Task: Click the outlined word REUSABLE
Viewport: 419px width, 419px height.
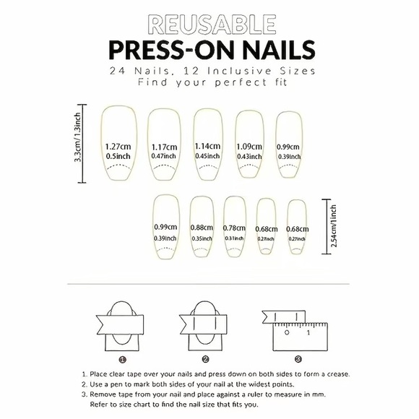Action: [x=210, y=25]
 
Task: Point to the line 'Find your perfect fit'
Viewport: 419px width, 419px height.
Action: [x=210, y=83]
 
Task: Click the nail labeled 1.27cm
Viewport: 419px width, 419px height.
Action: [x=117, y=144]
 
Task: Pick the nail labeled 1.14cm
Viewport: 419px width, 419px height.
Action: [x=207, y=144]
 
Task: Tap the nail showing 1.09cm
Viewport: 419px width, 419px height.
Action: [x=250, y=144]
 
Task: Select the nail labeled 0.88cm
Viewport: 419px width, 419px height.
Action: [x=202, y=228]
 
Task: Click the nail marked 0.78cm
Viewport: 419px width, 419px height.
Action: [x=236, y=228]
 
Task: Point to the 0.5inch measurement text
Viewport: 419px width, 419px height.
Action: [x=117, y=156]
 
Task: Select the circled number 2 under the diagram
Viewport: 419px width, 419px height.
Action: [x=205, y=358]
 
